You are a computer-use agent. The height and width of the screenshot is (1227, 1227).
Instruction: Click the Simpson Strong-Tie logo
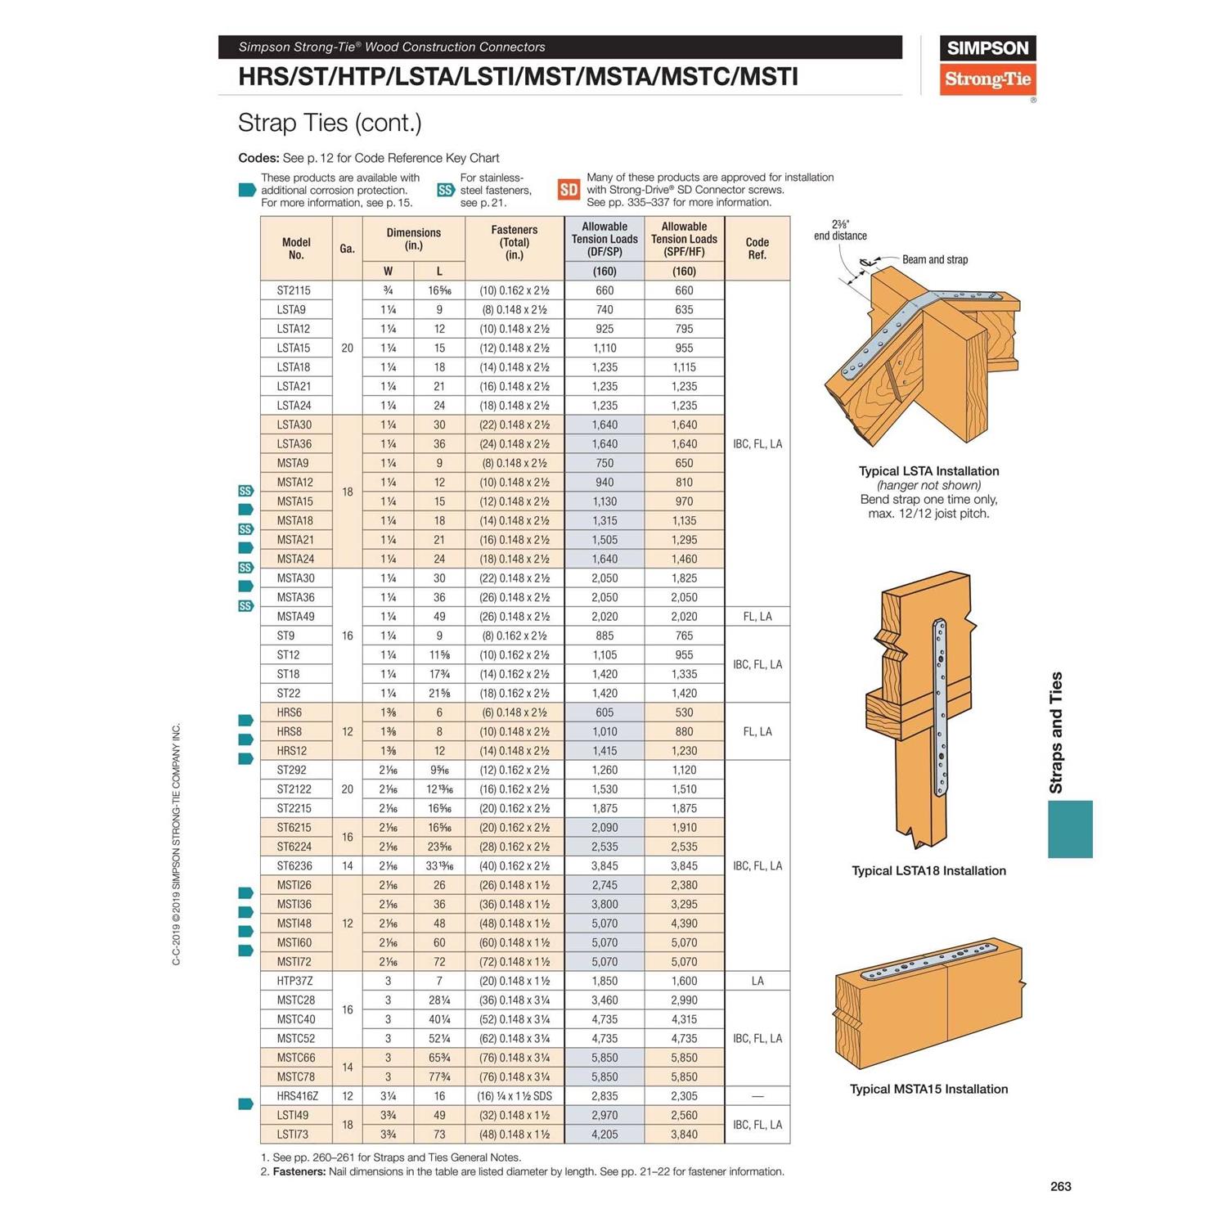click(987, 65)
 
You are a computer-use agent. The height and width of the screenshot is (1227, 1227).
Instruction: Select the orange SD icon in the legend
click(569, 190)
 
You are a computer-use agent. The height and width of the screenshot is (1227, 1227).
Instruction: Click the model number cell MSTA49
click(295, 617)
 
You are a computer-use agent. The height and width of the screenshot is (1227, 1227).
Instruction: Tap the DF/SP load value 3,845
click(605, 866)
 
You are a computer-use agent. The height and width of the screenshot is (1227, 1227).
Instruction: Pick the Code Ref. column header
click(757, 249)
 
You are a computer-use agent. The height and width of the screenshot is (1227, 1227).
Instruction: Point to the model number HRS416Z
click(297, 1096)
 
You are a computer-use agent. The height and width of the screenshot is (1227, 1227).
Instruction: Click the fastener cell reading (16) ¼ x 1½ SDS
click(515, 1096)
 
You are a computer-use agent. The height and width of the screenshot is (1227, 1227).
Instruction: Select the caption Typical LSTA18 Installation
click(928, 871)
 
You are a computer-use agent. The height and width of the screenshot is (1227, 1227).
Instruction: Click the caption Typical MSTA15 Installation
click(928, 1090)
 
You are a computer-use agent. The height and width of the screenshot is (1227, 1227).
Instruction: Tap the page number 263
click(1060, 1187)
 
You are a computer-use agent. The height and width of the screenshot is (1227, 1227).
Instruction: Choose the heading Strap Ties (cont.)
click(330, 123)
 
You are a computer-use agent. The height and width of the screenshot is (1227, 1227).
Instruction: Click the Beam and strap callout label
click(934, 260)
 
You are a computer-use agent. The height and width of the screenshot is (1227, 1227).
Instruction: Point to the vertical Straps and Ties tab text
click(1056, 733)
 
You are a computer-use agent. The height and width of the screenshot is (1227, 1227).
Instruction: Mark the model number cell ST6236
click(294, 866)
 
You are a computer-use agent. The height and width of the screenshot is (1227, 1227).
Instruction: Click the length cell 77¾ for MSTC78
click(439, 1077)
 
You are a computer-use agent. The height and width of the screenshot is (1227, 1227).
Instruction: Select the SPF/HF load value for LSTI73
click(684, 1135)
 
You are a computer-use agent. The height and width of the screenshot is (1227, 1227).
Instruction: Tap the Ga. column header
click(347, 249)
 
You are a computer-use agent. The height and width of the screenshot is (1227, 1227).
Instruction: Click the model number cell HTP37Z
click(294, 982)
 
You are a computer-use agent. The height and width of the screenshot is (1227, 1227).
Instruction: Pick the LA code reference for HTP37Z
click(757, 982)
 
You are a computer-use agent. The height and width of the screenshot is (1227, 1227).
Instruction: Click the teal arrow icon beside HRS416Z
click(245, 1104)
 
